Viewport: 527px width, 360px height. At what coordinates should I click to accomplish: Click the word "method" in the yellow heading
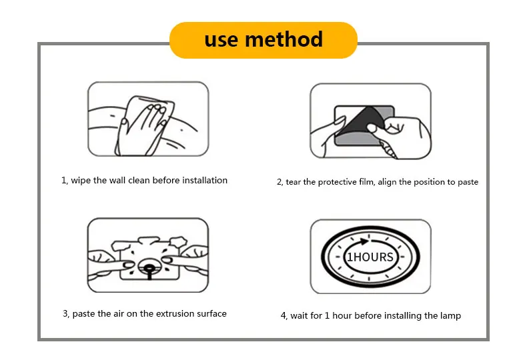coord(284,39)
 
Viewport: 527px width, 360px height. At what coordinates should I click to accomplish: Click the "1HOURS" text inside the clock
coord(370,257)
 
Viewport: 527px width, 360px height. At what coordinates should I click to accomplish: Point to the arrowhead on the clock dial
coord(364,241)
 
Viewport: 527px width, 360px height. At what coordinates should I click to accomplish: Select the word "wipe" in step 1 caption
coord(80,181)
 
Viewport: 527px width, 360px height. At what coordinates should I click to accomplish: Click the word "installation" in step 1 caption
coord(205,181)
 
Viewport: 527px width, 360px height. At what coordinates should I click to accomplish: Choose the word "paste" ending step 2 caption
coord(468,183)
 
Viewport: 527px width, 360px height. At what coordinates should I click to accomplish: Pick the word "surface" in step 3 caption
coord(211,313)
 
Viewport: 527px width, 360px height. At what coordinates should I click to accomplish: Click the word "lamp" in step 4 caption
coord(450,316)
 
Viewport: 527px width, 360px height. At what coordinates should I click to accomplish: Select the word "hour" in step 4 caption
coord(342,316)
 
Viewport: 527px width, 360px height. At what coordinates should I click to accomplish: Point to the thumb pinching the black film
coord(374,128)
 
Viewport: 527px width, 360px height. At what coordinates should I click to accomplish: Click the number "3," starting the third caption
coord(66,314)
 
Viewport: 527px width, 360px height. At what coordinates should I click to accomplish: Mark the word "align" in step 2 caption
coord(387,183)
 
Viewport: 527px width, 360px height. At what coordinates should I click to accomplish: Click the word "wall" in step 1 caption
coord(117,181)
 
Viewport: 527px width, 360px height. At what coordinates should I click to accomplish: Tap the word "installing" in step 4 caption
coord(403,316)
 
